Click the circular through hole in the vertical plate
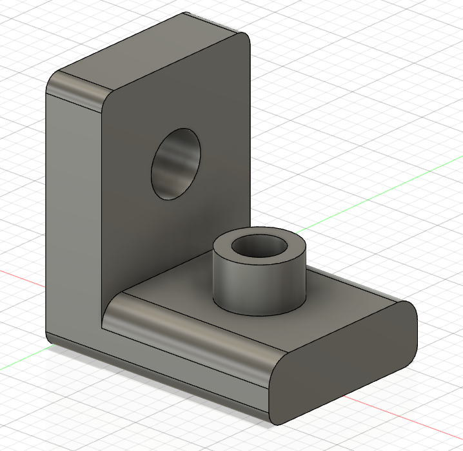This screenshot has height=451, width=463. click(x=176, y=163)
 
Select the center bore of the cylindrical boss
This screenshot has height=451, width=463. click(x=259, y=246)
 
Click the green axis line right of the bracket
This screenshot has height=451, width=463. click(x=387, y=187)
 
